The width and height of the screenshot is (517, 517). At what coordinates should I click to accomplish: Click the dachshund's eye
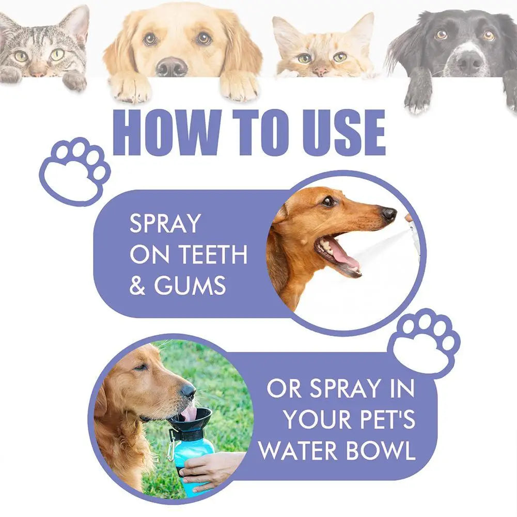point(328,201)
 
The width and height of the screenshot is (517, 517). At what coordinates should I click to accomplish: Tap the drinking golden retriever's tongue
point(189,413)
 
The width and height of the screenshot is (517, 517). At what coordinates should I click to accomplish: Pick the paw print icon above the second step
point(425,341)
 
